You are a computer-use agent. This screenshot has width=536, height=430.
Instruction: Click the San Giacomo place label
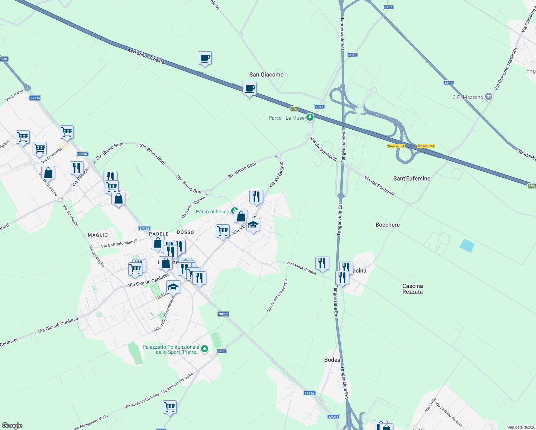point(266,75)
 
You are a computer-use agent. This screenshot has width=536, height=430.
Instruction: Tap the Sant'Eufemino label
point(412,178)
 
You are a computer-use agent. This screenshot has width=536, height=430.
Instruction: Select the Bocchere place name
point(387,225)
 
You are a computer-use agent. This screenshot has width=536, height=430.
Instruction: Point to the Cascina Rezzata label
point(412,289)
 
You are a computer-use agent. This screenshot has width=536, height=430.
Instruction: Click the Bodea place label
point(332,360)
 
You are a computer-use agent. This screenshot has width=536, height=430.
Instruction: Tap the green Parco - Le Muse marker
point(310,117)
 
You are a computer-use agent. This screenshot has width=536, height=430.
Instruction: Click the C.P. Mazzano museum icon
point(488,97)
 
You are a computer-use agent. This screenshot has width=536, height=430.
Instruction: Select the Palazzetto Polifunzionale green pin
point(205,349)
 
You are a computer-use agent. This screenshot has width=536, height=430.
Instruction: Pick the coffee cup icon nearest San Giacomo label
point(249,88)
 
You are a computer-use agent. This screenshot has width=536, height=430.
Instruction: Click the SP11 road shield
point(449,83)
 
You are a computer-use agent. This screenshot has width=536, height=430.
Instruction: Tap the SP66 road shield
point(221,351)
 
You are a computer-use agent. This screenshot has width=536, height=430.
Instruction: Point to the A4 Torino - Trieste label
point(146,56)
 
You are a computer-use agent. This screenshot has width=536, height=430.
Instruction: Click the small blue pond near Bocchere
point(467,245)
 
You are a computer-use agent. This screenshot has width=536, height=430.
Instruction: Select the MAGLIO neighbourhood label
point(98,235)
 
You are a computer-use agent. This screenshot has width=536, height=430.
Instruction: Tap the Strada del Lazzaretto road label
point(277,296)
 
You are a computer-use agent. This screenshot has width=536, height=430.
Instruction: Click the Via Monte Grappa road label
point(301,268)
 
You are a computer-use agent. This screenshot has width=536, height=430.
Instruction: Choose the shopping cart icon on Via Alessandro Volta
point(169,407)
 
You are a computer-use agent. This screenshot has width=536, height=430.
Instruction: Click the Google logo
point(12,426)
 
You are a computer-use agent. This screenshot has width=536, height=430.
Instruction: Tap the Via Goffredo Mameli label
point(119,244)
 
